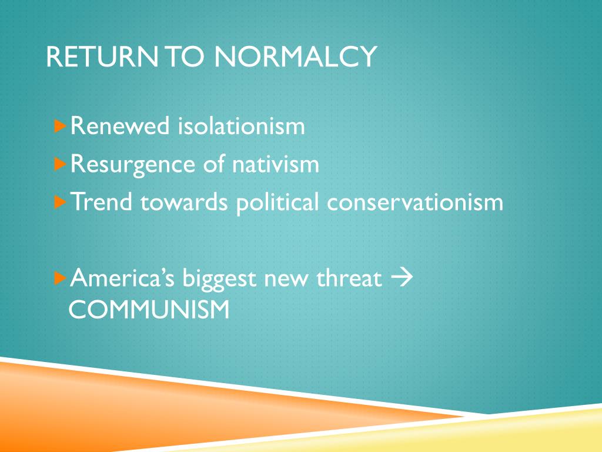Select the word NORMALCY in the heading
pyautogui.click(x=295, y=57)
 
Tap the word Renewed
pyautogui.click(x=120, y=126)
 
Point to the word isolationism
pyautogui.click(x=242, y=126)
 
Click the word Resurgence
pyautogui.click(x=133, y=164)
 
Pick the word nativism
pyautogui.click(x=276, y=164)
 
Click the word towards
pyautogui.click(x=184, y=202)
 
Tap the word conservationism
pyautogui.click(x=415, y=202)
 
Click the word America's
pyautogui.click(x=123, y=278)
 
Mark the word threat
pyautogui.click(x=349, y=278)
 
